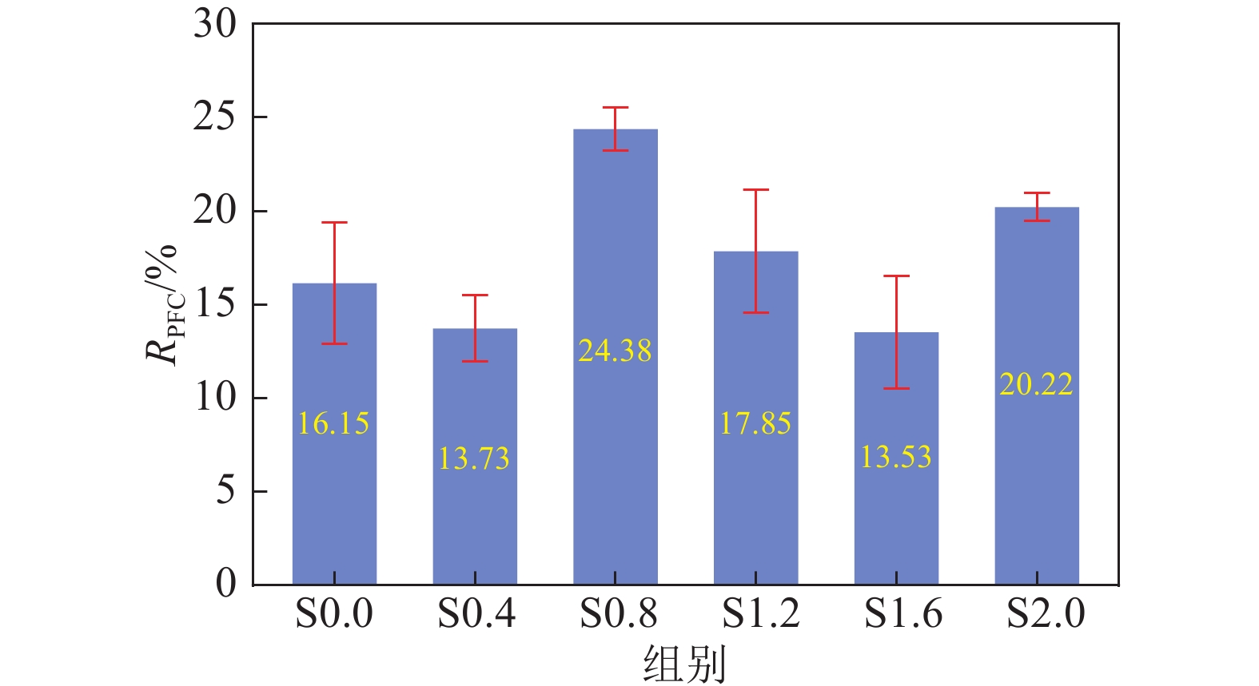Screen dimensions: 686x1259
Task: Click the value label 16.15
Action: click(333, 423)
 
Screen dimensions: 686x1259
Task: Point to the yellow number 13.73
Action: click(474, 458)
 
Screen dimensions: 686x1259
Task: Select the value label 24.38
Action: click(615, 351)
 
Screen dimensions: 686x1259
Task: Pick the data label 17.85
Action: click(755, 423)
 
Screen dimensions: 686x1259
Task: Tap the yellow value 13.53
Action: click(896, 457)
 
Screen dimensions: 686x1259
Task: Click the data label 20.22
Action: click(1036, 384)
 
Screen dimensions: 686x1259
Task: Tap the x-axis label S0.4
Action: click(476, 614)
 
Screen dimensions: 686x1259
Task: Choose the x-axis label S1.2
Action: click(760, 614)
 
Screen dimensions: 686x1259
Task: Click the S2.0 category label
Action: click(1046, 614)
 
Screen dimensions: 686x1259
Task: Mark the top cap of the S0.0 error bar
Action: click(334, 223)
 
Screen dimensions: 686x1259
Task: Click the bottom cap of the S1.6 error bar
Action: click(896, 388)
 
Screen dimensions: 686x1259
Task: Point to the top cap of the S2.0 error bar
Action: click(1037, 193)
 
